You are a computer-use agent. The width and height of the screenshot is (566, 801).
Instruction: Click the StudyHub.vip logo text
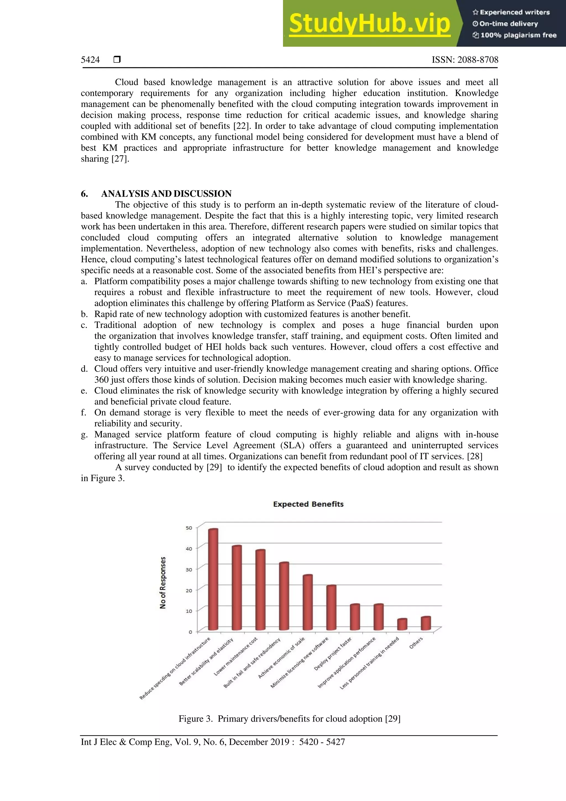(370, 24)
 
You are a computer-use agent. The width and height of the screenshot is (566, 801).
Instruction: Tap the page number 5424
(90, 60)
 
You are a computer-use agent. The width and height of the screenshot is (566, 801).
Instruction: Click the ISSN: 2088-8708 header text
(465, 60)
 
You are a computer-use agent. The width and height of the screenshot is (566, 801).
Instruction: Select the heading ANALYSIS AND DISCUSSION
(166, 194)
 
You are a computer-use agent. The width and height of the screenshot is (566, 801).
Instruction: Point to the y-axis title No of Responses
(163, 582)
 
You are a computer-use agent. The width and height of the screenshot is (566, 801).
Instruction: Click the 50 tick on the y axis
(189, 528)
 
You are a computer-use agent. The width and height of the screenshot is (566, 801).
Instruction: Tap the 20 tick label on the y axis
(189, 590)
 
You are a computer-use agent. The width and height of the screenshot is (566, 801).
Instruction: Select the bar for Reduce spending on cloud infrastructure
(213, 579)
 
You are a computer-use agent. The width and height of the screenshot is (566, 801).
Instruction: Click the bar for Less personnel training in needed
(402, 624)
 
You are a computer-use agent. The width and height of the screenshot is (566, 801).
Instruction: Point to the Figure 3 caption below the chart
(289, 719)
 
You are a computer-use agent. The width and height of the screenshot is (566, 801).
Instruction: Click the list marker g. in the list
(84, 434)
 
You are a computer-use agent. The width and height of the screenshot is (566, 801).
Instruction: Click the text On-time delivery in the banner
(509, 24)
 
